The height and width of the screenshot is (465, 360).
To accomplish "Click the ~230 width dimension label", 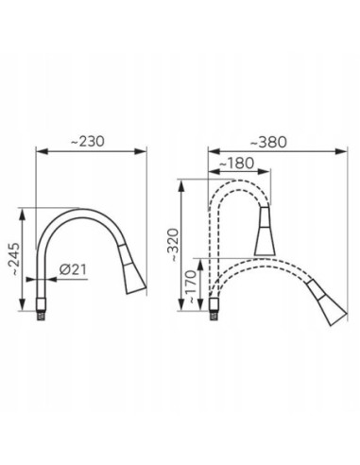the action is point(87,142).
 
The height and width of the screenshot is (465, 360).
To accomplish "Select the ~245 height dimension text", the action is point(14,259).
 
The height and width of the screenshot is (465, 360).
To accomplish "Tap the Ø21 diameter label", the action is point(73,269).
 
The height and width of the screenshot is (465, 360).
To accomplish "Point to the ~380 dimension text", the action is point(268,143).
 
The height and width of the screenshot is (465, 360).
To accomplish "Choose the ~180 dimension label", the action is point(236,164).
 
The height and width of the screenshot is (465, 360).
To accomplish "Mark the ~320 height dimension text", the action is point(173,245).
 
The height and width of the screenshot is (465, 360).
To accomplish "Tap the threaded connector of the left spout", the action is point(41,309).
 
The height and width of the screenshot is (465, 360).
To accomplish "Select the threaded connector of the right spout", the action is point(214,308).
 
